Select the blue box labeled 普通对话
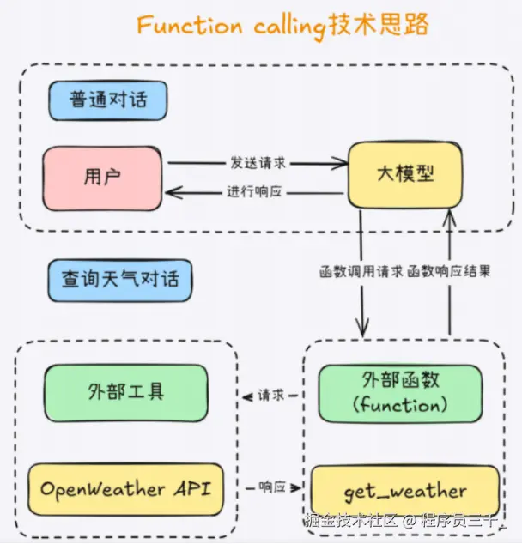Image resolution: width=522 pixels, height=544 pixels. coord(108,100)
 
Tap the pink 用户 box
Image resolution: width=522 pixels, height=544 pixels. coord(103,178)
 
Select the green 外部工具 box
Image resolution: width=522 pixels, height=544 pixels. coord(125,392)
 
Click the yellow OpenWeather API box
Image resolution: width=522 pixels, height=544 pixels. coord(125,489)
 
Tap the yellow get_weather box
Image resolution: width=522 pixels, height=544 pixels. coord(404,492)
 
